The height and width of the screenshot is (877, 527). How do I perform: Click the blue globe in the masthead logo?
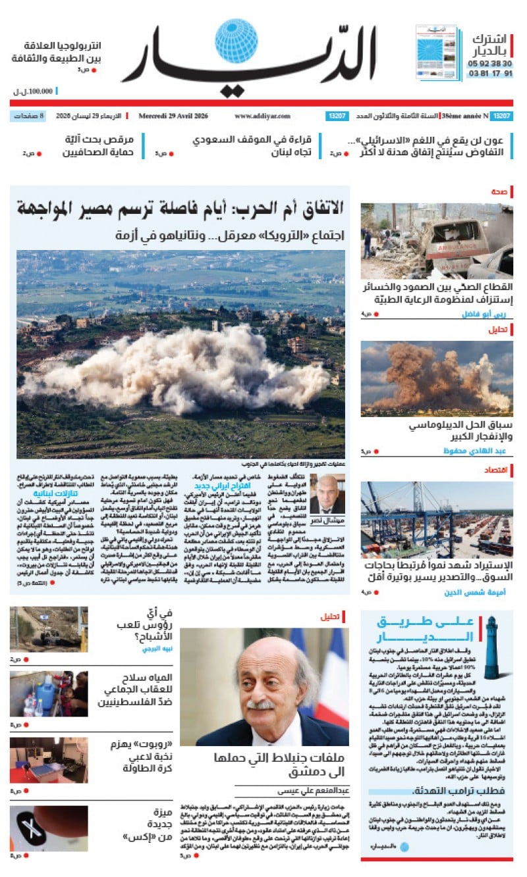(236, 41)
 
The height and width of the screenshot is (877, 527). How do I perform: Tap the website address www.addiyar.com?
(262, 116)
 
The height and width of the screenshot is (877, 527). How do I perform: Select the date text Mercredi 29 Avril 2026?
(173, 116)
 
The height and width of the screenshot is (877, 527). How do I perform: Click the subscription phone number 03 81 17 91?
(490, 74)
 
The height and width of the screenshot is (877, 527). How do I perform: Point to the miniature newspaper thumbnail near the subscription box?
(435, 53)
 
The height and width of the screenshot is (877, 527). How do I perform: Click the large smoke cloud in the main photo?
(178, 368)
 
